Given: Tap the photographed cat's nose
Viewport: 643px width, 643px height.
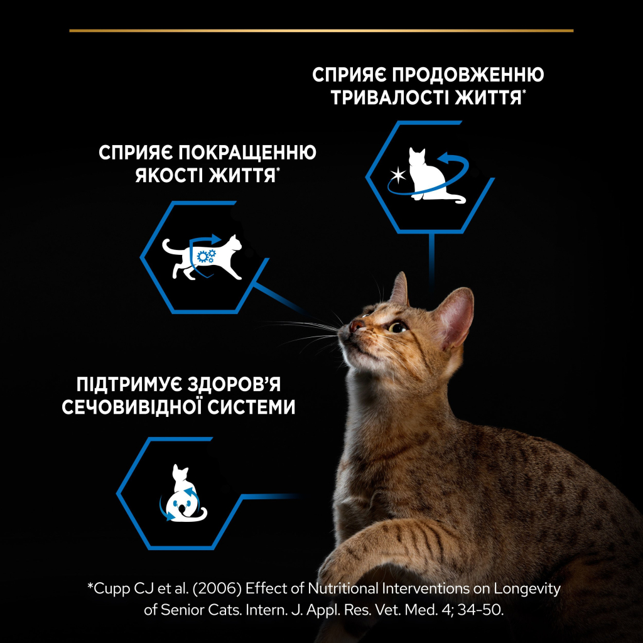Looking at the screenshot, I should [356, 325].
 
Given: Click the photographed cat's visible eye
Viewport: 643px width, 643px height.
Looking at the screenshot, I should [396, 327].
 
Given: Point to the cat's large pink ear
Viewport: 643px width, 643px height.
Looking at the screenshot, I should [455, 317].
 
